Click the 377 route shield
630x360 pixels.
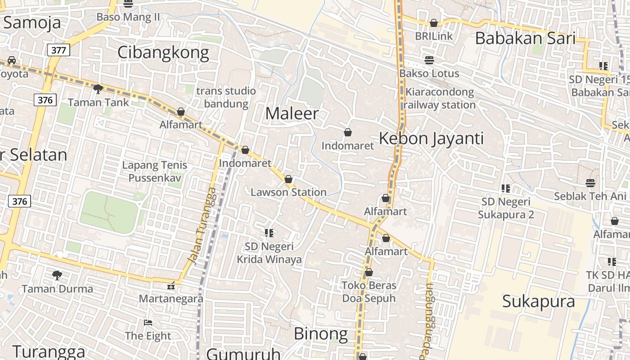tap(58, 50)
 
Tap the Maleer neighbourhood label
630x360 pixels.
tap(292, 113)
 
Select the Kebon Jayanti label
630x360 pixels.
tap(431, 138)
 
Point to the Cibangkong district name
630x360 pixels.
tap(163, 53)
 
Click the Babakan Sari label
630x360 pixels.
tap(525, 38)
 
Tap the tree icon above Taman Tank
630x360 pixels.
tap(98, 89)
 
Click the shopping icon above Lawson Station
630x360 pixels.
tap(288, 179)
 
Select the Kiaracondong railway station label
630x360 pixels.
tap(440, 99)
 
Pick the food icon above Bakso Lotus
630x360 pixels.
tap(429, 60)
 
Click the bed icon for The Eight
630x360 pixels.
tap(148, 323)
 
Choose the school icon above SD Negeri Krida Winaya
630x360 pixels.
tap(269, 233)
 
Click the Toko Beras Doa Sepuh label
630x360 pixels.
tap(369, 292)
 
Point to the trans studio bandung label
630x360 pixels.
tap(226, 97)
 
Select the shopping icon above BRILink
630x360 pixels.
tap(434, 23)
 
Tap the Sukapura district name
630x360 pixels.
tap(538, 301)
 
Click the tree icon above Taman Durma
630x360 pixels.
tap(57, 275)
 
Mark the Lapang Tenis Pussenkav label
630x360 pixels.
tap(154, 171)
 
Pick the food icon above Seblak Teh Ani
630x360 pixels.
tap(590, 183)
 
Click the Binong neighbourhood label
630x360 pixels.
tap(320, 334)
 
